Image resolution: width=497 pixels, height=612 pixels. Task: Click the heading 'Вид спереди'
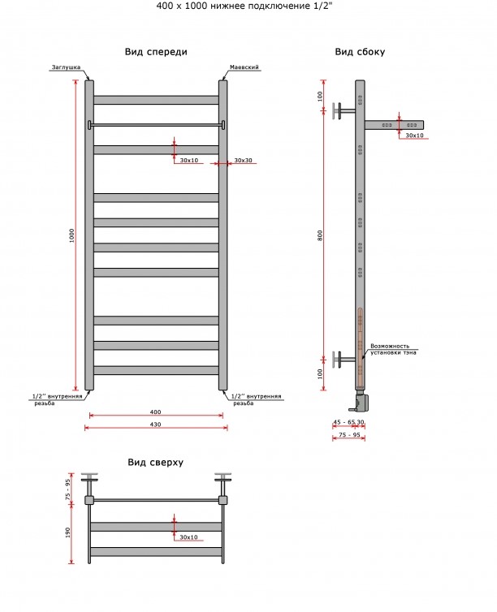click(x=156, y=52)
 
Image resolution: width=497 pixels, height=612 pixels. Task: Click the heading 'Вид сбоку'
click(x=360, y=52)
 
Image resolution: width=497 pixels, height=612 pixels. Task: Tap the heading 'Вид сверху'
click(x=155, y=463)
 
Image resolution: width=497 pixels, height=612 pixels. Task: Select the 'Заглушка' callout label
click(x=66, y=67)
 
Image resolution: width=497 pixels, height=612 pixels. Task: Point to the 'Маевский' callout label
click(x=244, y=67)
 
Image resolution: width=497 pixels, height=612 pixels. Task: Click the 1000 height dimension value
click(x=71, y=235)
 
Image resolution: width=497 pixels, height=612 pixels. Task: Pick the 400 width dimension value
click(x=155, y=412)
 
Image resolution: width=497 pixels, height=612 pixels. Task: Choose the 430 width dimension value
click(x=155, y=425)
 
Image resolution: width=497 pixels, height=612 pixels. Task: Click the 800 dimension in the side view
click(x=320, y=235)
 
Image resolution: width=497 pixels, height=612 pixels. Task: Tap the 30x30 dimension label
click(x=243, y=161)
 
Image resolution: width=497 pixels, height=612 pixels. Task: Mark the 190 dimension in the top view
click(x=68, y=532)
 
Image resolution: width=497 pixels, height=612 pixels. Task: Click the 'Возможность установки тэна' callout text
click(x=393, y=349)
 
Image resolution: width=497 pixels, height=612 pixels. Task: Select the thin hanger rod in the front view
click(x=156, y=124)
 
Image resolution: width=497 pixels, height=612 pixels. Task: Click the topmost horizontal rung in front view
click(x=156, y=100)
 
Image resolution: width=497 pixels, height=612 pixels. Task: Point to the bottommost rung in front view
click(x=156, y=370)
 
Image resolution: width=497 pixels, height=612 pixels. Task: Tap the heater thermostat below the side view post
click(x=360, y=401)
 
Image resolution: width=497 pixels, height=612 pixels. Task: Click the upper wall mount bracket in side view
click(x=344, y=111)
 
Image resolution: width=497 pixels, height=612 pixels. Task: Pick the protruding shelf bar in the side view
click(x=395, y=125)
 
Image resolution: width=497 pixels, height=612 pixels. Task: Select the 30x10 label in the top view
click(x=188, y=537)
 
